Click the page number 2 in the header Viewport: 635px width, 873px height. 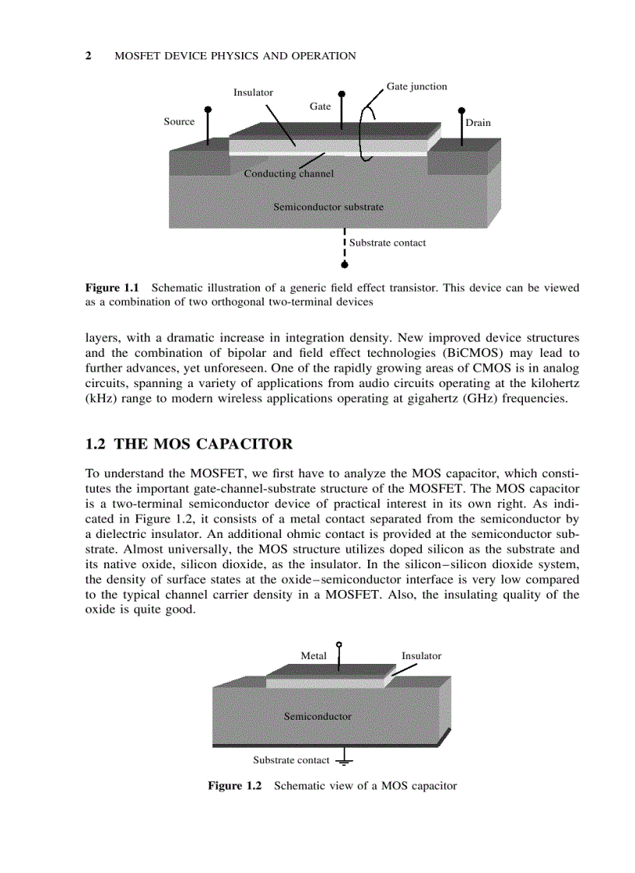(88, 56)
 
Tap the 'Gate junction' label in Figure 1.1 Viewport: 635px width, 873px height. (416, 86)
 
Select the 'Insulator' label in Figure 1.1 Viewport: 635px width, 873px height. (253, 93)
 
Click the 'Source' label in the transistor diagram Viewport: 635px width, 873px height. (179, 121)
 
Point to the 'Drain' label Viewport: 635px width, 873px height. (478, 123)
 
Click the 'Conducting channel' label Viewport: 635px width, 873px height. (289, 173)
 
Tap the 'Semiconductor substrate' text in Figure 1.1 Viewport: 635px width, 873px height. (328, 207)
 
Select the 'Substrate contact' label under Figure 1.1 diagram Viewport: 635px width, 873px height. (388, 243)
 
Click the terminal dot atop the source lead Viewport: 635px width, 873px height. (208, 110)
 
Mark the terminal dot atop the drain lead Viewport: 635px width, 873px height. (461, 110)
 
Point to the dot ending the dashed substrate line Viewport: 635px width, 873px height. (345, 264)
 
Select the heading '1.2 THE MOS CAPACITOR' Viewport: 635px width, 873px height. (189, 445)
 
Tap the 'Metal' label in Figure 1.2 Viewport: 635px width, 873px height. (314, 655)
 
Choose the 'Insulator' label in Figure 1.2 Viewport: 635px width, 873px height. (421, 655)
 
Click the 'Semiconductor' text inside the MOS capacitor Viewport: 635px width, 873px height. (317, 716)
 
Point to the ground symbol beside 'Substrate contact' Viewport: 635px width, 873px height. (342, 761)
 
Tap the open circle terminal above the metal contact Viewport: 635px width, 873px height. (339, 644)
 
